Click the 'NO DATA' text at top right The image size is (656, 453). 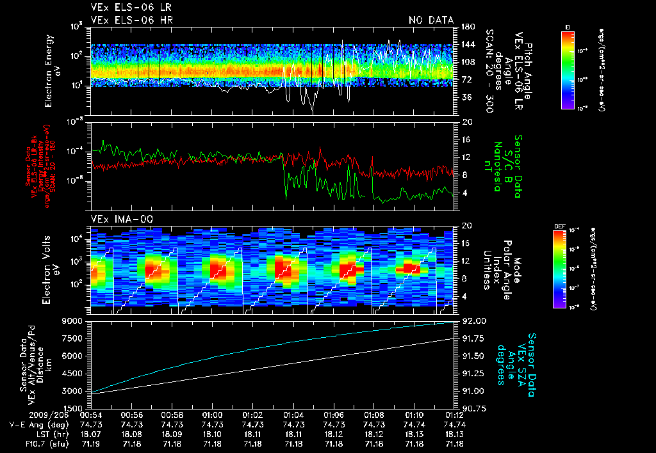pyautogui.click(x=430, y=20)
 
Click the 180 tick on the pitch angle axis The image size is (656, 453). pyautogui.click(x=466, y=27)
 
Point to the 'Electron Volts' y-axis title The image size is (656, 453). pyautogui.click(x=47, y=265)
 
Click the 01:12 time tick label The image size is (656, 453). pyautogui.click(x=454, y=415)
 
